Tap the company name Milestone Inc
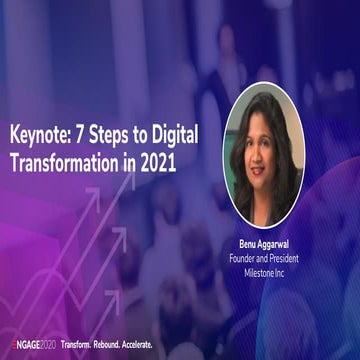tap(274, 272)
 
